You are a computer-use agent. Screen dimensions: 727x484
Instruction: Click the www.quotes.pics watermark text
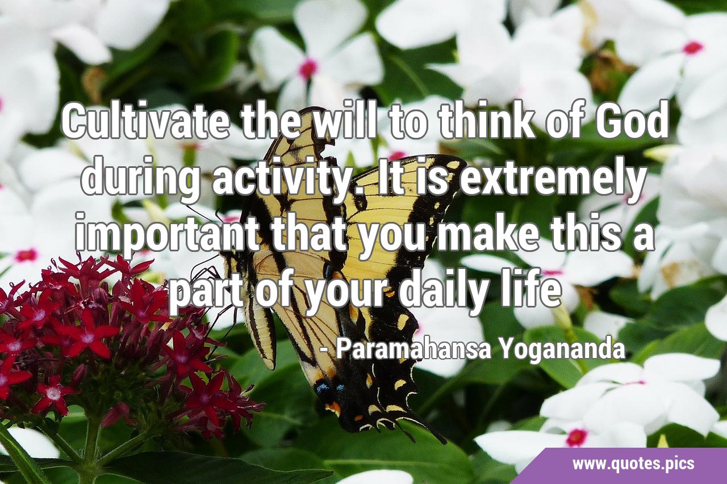pos(633,464)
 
